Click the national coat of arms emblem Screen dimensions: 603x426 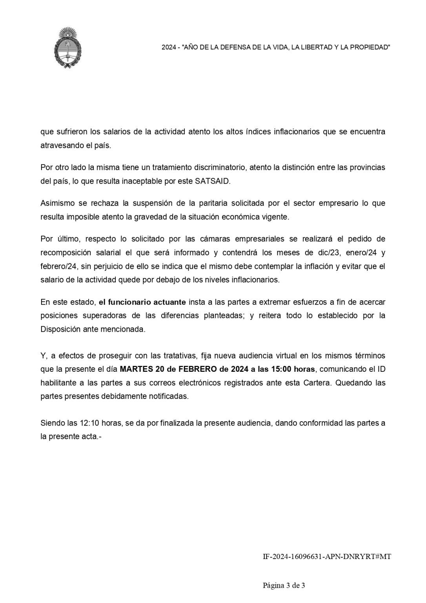click(68, 48)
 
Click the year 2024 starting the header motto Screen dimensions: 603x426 click(169, 48)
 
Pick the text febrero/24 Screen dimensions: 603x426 click(58, 266)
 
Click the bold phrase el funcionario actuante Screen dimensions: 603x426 click(142, 302)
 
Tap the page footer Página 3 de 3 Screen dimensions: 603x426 click(284, 586)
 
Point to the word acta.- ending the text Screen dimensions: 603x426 click(91, 437)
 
